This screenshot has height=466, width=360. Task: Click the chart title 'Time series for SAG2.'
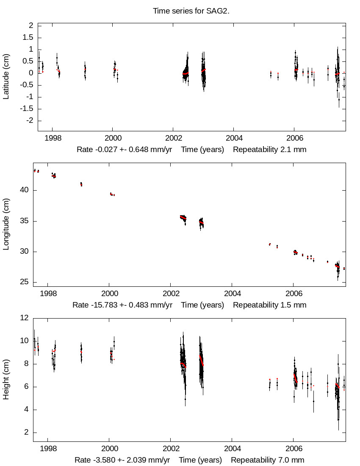197,11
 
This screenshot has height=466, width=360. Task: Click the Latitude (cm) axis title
6,77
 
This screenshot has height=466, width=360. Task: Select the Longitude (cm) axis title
6,225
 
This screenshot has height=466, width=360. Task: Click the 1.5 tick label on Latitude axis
28,37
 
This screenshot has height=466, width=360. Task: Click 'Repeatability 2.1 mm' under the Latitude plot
269,150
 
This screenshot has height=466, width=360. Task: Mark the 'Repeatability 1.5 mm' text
269,305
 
